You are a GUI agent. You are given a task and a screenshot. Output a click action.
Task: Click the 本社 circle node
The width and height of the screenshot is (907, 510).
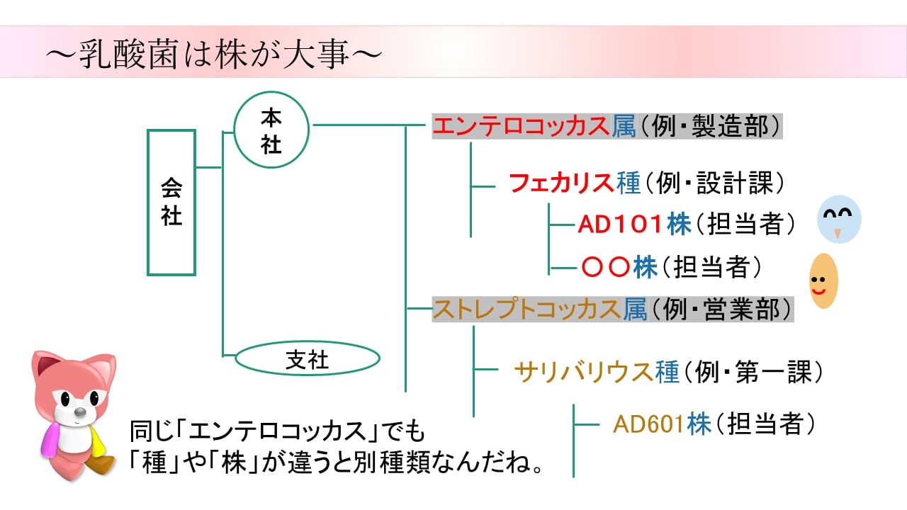coord(272,131)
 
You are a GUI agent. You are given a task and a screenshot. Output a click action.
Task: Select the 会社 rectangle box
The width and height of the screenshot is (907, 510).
coord(171,203)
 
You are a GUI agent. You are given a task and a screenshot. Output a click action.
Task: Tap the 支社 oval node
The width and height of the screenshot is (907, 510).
coord(307,360)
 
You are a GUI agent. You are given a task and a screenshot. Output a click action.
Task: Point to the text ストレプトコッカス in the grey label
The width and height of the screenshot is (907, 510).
coord(527,310)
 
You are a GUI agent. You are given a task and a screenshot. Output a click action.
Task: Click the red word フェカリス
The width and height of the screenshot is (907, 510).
coord(561,183)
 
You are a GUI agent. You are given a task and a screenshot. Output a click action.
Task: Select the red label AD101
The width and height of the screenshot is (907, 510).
coord(621,224)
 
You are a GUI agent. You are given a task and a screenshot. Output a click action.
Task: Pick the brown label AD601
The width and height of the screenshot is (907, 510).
coord(649,424)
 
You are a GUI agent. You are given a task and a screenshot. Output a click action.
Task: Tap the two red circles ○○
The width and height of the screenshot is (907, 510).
coord(606,267)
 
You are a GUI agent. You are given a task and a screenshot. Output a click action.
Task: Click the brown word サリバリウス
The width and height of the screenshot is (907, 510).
coord(584,371)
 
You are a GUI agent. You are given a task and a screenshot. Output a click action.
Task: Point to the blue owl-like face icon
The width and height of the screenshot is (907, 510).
coord(839,218)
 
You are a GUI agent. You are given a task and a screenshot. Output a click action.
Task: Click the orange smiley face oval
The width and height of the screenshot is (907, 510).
coord(823,281)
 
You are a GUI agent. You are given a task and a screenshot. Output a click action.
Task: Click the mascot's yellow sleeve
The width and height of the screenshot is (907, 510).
coord(100,438)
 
